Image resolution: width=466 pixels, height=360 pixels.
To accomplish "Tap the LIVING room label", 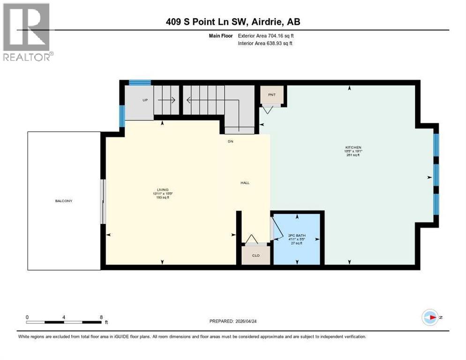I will [163, 189].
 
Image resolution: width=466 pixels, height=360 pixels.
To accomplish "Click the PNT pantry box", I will [272, 95].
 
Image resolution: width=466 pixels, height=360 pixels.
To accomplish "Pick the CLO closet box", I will [256, 255].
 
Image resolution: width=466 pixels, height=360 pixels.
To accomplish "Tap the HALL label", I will [245, 183].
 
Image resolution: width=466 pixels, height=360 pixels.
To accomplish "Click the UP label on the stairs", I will [145, 100].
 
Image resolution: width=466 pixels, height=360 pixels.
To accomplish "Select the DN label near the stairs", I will [230, 141].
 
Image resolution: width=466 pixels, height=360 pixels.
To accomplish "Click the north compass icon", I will [430, 317].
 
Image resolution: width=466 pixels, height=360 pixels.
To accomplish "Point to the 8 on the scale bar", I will [101, 317].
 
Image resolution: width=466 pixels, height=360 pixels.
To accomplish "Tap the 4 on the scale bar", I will [64, 317].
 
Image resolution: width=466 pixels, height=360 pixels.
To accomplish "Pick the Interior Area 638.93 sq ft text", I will [265, 44].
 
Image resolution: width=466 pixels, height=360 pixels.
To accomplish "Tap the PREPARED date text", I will [233, 321].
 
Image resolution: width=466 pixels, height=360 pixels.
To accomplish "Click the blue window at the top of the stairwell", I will [140, 83].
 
